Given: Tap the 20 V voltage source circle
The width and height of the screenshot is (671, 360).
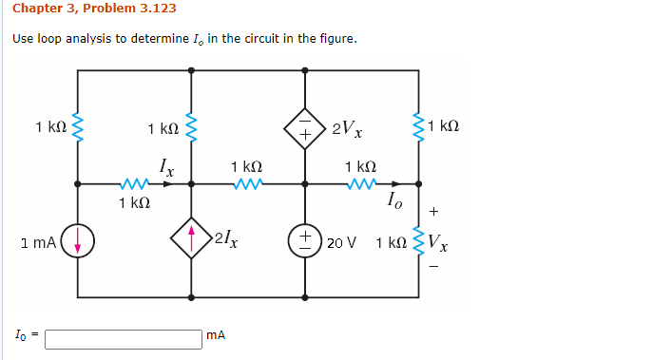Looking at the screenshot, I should (x=306, y=239).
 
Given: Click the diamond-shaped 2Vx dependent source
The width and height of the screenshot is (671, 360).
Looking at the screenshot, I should (x=306, y=126).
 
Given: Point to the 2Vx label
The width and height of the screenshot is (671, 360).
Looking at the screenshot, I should (x=345, y=128).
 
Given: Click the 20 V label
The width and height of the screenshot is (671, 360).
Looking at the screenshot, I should (x=341, y=242).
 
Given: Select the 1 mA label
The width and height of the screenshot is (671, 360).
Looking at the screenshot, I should (x=37, y=243).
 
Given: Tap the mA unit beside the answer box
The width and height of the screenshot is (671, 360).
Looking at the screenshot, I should (x=216, y=335).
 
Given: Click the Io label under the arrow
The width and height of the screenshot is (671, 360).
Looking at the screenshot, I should (x=393, y=199).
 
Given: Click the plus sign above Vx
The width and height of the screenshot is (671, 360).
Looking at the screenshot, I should (x=434, y=212).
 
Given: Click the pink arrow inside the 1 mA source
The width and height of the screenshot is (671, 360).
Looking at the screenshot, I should (x=78, y=242).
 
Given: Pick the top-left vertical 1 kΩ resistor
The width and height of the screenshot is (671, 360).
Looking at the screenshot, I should (x=78, y=126).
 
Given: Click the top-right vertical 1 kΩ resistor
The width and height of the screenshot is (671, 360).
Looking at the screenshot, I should (x=418, y=126).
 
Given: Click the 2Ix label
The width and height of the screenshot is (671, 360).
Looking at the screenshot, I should (x=226, y=239).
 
